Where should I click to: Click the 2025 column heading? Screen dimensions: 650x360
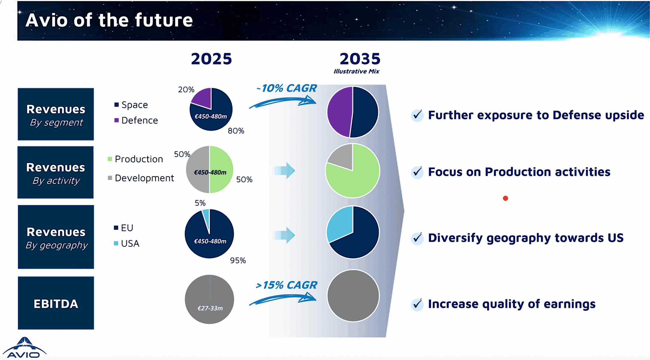pos(212,59)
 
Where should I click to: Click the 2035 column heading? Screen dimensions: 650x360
pos(360,59)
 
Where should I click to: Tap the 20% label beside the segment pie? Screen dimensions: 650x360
pos(186,90)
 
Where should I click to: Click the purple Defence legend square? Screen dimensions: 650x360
pos(116,120)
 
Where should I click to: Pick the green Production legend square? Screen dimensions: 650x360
pos(110,159)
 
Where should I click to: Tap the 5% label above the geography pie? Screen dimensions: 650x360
pos(200,203)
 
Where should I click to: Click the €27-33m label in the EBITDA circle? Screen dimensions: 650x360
pos(210,308)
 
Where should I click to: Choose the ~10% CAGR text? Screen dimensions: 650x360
pos(286,88)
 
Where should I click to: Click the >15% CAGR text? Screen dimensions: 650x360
pos(286,285)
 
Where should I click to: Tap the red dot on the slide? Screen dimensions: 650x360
pos(505,198)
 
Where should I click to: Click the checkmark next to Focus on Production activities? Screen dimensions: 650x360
pos(417,172)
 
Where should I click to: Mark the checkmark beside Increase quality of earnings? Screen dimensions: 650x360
pos(417,304)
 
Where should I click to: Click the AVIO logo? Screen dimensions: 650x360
pos(25,348)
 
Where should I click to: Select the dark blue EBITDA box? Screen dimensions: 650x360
pos(56,303)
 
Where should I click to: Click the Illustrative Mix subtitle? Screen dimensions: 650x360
pos(357,71)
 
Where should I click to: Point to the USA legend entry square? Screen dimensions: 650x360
pos(116,243)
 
